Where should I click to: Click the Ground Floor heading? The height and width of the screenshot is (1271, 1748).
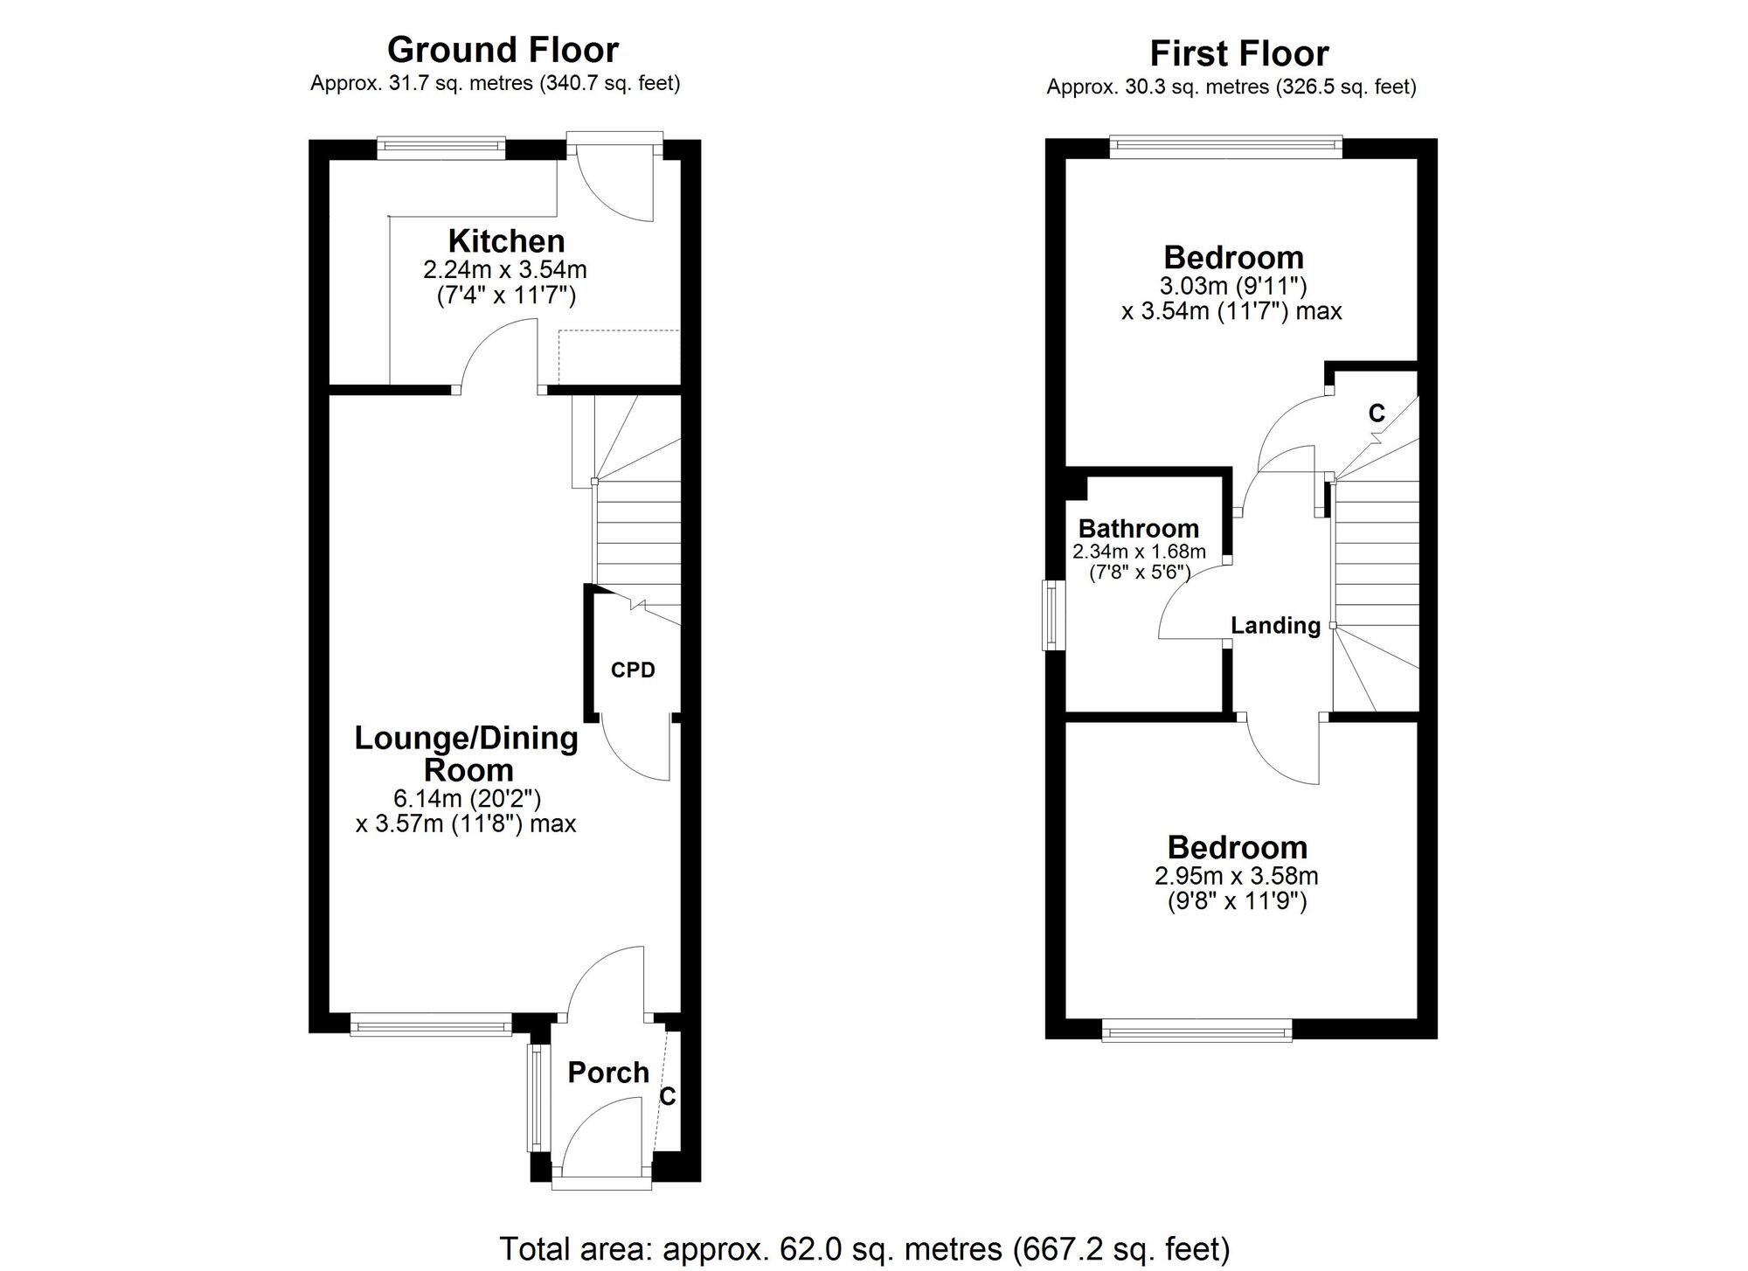coord(503,50)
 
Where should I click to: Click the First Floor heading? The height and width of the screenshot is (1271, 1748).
coord(1238,53)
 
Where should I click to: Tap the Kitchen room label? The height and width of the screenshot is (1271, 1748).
coord(506,240)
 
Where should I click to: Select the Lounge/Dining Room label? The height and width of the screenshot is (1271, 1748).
coord(466,754)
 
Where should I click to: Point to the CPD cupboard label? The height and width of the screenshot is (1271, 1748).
coord(633,670)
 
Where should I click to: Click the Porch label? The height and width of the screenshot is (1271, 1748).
coord(608,1073)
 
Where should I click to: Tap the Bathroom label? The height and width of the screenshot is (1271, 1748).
coord(1138,528)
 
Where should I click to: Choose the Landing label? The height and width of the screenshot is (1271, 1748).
coord(1275,625)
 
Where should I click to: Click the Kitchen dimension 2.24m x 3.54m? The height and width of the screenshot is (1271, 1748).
coord(505,268)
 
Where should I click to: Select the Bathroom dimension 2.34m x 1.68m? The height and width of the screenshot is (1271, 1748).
coord(1139,552)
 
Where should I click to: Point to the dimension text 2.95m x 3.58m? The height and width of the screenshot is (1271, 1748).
coord(1237,876)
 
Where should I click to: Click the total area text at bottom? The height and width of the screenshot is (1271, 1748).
coord(864,1248)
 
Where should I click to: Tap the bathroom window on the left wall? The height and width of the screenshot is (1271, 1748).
coord(1054,615)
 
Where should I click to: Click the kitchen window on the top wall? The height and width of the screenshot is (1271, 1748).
coord(441,146)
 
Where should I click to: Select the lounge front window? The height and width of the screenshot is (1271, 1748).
coord(431,1024)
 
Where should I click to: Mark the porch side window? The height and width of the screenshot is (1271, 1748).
coord(535,1097)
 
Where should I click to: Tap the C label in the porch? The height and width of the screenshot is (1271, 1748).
coord(668,1096)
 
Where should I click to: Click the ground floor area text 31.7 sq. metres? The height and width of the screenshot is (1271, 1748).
coord(495,84)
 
